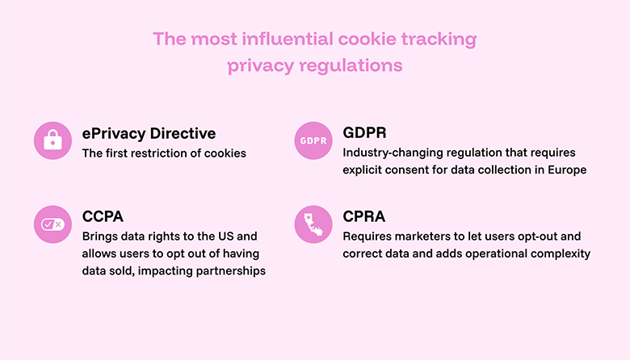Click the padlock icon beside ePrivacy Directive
tap(53, 140)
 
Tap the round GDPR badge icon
tap(313, 140)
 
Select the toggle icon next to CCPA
tap(53, 224)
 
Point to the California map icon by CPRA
tap(313, 224)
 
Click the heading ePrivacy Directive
tap(149, 133)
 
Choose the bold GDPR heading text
tap(366, 133)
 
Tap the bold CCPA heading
tap(103, 217)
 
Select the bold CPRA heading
tap(365, 217)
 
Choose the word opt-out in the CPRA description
tap(544, 237)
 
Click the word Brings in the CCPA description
tap(99, 237)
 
